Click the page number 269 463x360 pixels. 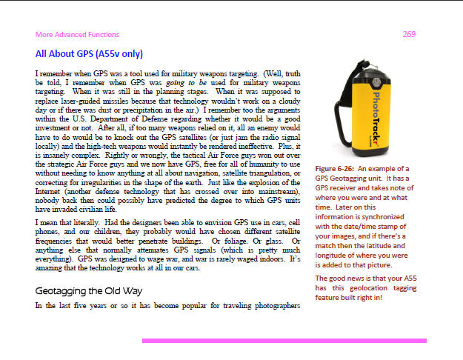[x=408, y=34]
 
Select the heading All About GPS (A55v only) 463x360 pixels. [x=89, y=54]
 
